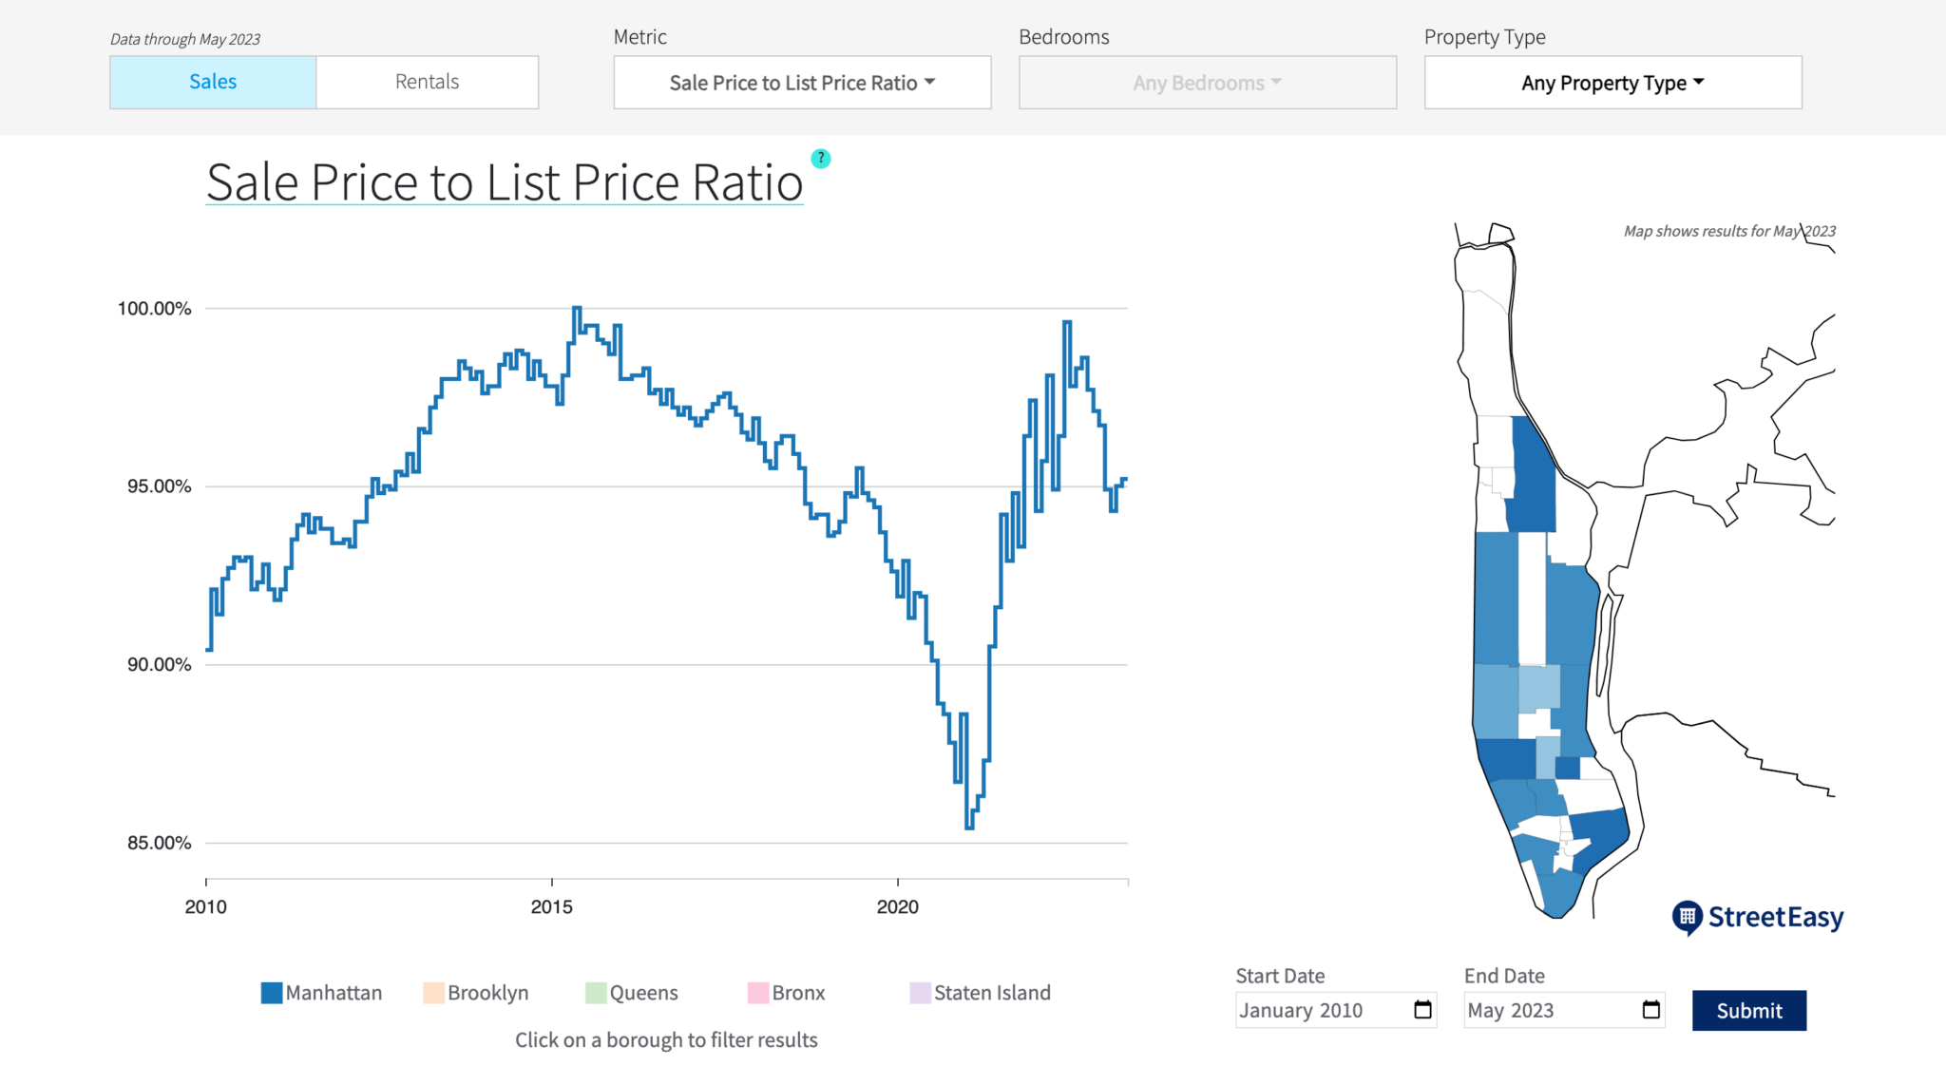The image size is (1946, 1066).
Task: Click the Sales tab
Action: pyautogui.click(x=213, y=82)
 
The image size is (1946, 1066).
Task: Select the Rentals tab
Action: pyautogui.click(x=427, y=82)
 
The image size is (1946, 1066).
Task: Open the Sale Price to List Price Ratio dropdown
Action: pyautogui.click(x=802, y=83)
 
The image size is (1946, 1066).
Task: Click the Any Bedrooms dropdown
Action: pyautogui.click(x=1207, y=83)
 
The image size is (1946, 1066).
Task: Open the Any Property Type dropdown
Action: pyautogui.click(x=1612, y=83)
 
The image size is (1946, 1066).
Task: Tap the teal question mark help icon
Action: pyautogui.click(x=821, y=159)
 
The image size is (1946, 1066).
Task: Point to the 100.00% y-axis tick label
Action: pyautogui.click(x=154, y=309)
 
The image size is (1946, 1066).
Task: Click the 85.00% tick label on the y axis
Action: pyautogui.click(x=159, y=843)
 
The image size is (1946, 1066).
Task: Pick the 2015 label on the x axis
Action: pyautogui.click(x=551, y=906)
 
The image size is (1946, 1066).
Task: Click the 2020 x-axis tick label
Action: pyautogui.click(x=897, y=906)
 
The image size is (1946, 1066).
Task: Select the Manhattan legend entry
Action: pyautogui.click(x=322, y=993)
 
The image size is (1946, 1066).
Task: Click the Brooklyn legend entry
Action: pyautogui.click(x=476, y=993)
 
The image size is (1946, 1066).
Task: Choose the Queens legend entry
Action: pyautogui.click(x=632, y=993)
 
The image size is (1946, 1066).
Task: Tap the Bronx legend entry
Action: pyautogui.click(x=787, y=993)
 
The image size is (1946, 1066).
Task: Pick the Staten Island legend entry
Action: pyautogui.click(x=981, y=993)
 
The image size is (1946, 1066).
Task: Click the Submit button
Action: pyautogui.click(x=1748, y=1010)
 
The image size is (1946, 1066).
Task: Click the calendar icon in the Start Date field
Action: pyautogui.click(x=1422, y=1010)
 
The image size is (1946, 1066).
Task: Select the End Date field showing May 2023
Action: pyautogui.click(x=1549, y=1010)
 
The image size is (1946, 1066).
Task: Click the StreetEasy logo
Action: pyautogui.click(x=1758, y=917)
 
